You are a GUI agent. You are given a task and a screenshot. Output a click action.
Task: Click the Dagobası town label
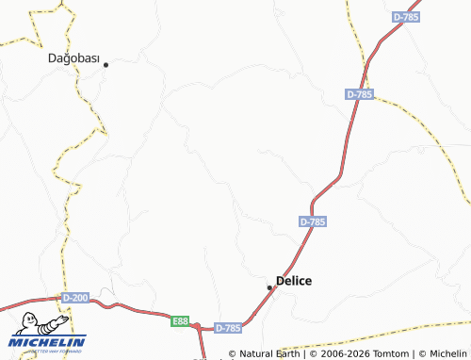coord(73,57)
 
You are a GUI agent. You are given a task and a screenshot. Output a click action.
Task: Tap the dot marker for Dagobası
coord(106,64)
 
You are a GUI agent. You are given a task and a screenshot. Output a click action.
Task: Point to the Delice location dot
coord(270,287)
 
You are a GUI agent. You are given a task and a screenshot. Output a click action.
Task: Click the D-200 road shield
coord(75,298)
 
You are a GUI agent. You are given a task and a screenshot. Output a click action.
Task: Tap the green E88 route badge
coord(181,321)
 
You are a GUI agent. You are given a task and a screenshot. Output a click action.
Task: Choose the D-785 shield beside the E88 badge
coord(228,328)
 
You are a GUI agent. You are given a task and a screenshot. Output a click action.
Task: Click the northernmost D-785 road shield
coord(406,17)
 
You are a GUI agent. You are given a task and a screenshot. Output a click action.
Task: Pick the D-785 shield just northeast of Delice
coord(313,221)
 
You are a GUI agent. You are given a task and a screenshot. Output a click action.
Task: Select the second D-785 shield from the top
coord(360,94)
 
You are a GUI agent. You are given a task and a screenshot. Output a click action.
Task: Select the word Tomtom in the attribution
coord(383,354)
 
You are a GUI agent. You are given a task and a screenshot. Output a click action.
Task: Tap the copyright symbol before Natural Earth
coord(233,354)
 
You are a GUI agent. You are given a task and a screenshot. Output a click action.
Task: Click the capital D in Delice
coord(280,281)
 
